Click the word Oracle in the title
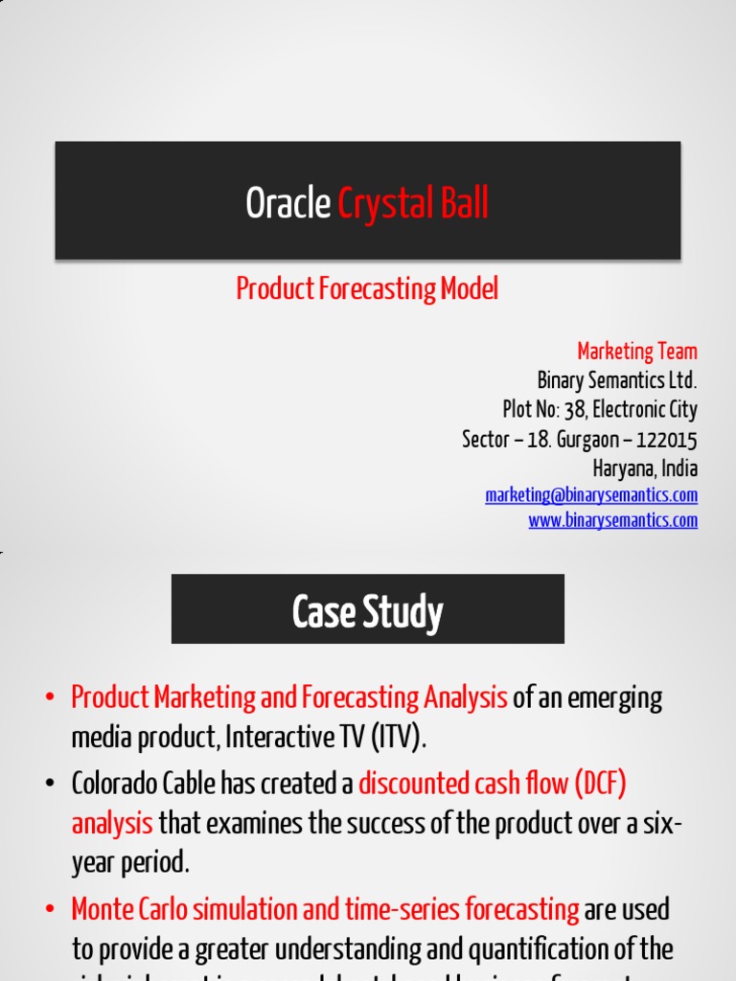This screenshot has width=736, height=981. point(288,203)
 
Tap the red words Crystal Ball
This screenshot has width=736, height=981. point(413,203)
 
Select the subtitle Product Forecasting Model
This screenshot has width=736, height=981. point(367,288)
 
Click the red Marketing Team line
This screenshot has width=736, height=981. point(636,351)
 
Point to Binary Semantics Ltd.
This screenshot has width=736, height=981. point(616,380)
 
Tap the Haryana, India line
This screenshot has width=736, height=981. point(645,469)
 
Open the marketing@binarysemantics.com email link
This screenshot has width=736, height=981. point(591,495)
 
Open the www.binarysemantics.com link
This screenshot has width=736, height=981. point(612,520)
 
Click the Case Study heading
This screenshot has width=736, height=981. point(367,611)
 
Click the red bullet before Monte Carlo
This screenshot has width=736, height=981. point(50,909)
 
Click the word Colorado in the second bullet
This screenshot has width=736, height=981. point(109,785)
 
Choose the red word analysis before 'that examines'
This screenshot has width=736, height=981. point(112,823)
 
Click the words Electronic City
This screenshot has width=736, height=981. point(644,410)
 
